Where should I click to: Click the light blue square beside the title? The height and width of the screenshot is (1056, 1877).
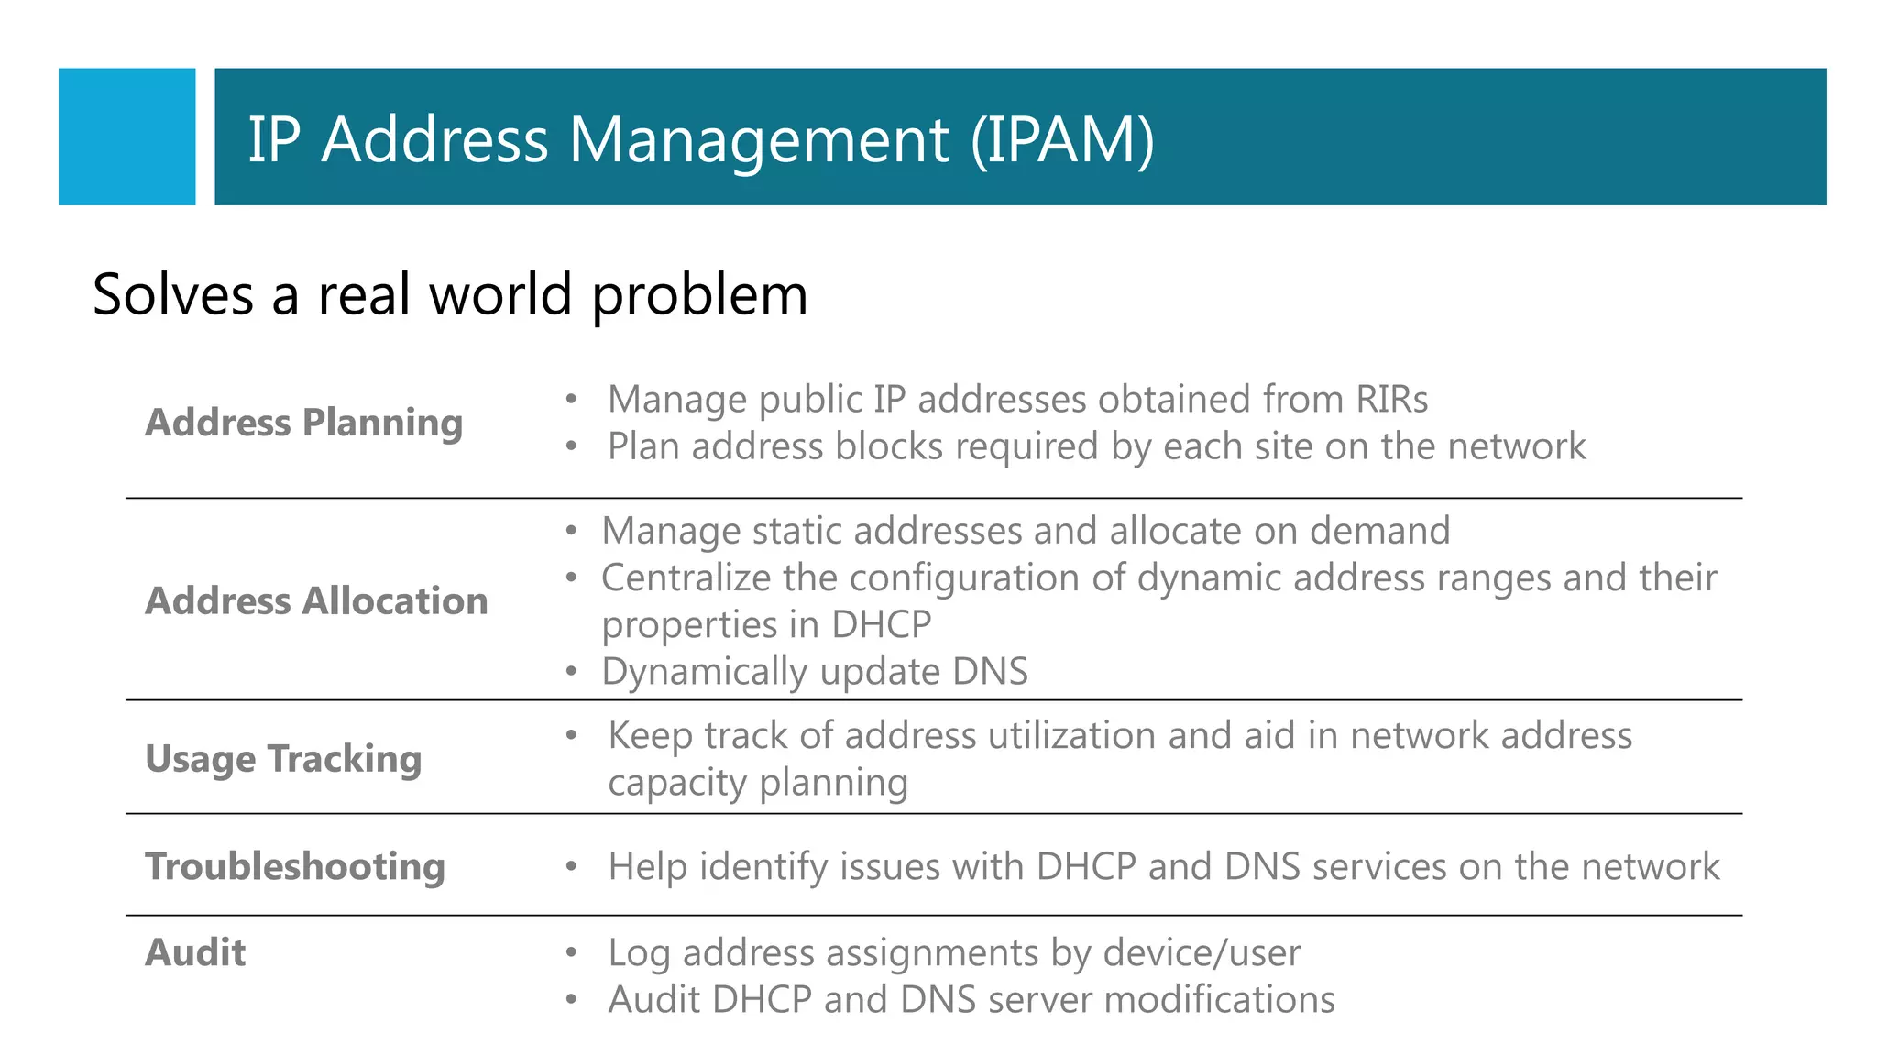[126, 137]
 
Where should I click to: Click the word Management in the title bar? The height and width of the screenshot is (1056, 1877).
[758, 140]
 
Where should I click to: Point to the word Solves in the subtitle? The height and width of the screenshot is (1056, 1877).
[173, 295]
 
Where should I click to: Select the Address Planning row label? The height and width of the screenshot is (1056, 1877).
[303, 423]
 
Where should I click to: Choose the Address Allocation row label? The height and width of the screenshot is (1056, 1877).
[316, 601]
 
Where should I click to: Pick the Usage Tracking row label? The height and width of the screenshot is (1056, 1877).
[283, 759]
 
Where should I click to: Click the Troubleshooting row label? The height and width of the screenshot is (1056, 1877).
[295, 866]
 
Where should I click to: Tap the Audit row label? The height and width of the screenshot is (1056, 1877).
[195, 953]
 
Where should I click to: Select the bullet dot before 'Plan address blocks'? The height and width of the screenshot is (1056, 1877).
[571, 447]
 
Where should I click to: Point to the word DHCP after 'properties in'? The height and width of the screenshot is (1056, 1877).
[881, 625]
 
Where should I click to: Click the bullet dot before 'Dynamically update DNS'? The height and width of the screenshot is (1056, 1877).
[571, 672]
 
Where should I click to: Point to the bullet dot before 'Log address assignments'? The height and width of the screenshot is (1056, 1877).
[571, 953]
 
